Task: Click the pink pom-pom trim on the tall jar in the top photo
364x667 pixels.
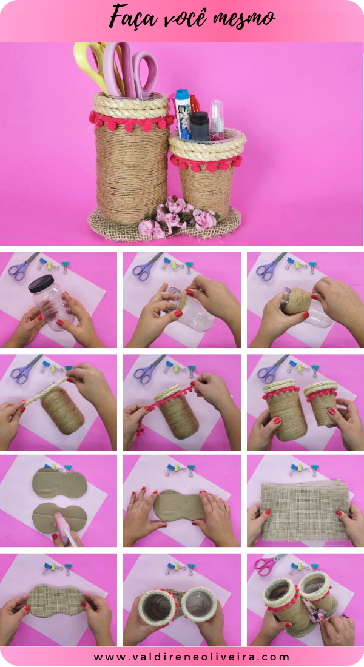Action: click(x=130, y=121)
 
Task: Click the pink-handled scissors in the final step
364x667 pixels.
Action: click(x=267, y=565)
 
